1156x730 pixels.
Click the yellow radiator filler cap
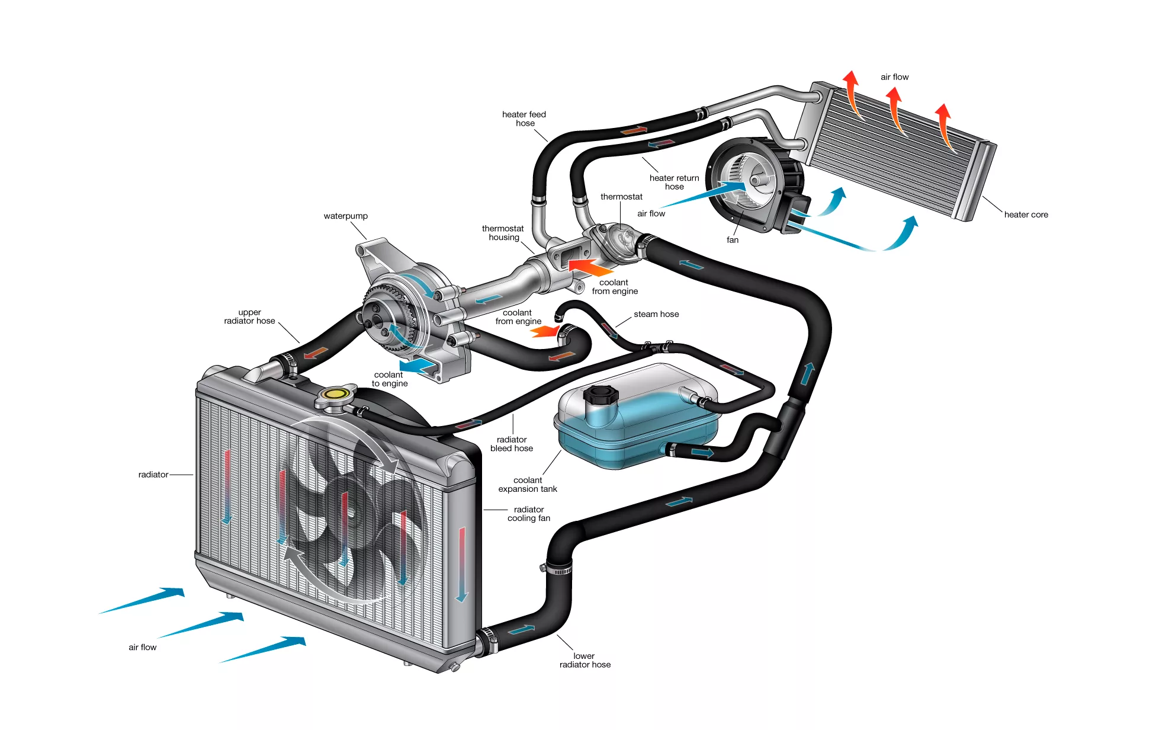pos(336,393)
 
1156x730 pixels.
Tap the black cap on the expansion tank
pos(600,395)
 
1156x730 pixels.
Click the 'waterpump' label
pos(345,216)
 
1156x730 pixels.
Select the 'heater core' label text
pos(1026,214)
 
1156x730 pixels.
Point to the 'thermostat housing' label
pos(503,233)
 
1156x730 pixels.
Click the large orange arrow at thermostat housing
pos(589,267)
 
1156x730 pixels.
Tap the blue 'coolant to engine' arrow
pos(418,364)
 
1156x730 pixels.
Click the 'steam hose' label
pos(656,314)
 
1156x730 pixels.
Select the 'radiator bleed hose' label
pos(512,444)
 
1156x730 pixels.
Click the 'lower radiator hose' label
pos(585,660)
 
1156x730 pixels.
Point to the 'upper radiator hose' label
pos(249,316)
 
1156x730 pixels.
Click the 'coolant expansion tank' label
pos(527,485)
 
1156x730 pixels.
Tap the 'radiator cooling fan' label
pos(528,514)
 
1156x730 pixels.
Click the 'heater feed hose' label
pos(524,119)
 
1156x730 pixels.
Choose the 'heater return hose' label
pos(674,182)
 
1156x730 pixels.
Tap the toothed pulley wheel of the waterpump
pos(385,314)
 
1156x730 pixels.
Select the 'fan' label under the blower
pos(733,240)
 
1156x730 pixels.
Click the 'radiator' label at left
pos(153,475)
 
